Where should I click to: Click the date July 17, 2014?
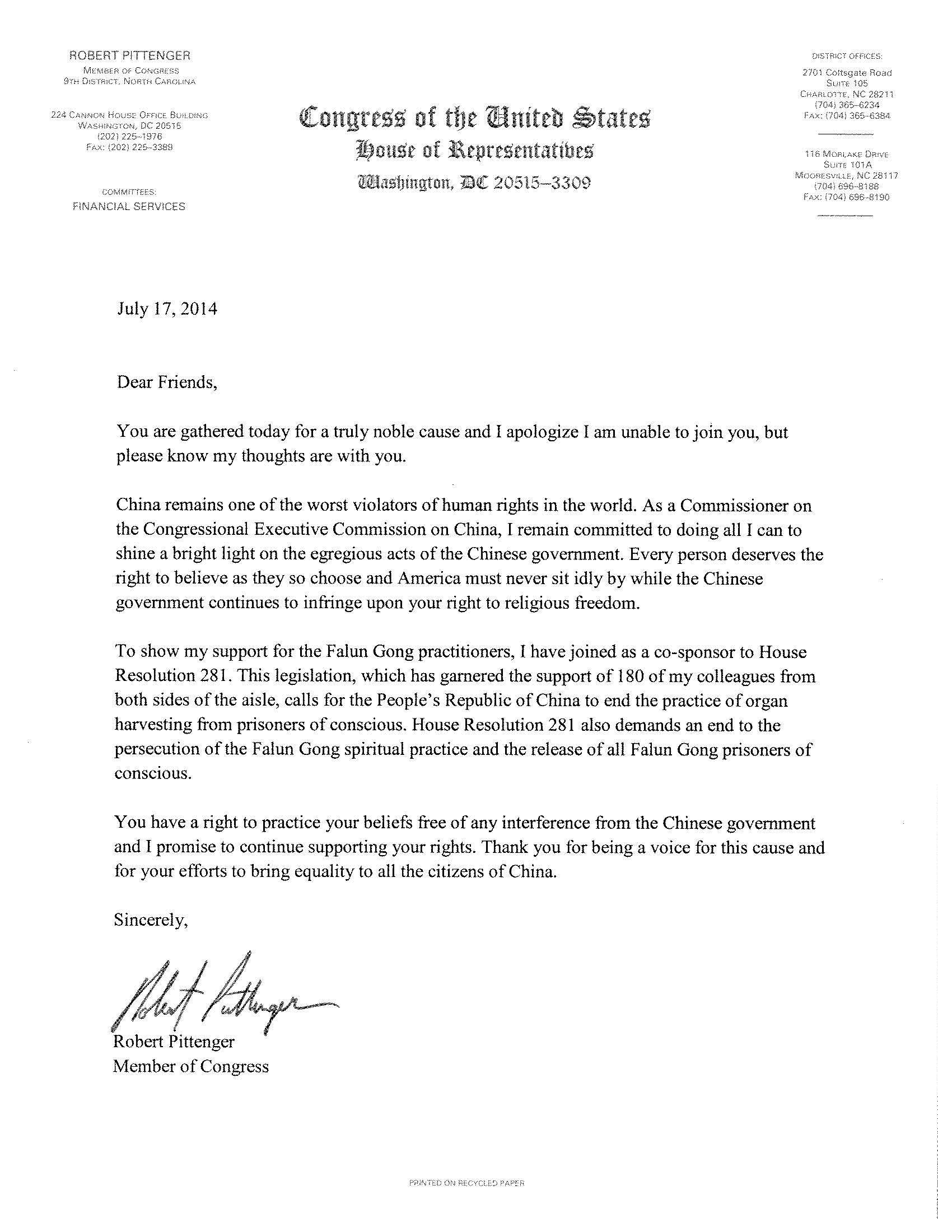[x=167, y=309]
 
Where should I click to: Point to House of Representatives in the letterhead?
[x=475, y=151]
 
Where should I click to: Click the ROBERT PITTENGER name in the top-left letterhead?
[x=129, y=55]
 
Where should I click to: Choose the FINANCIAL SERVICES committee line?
[x=128, y=207]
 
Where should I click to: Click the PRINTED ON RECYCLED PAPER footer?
[x=466, y=1183]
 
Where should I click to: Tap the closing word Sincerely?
[x=151, y=920]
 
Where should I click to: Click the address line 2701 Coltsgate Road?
[x=847, y=73]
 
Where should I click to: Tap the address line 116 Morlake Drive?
[x=847, y=154]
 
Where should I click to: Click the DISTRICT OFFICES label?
[x=847, y=56]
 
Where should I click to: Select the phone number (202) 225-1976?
[x=129, y=137]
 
